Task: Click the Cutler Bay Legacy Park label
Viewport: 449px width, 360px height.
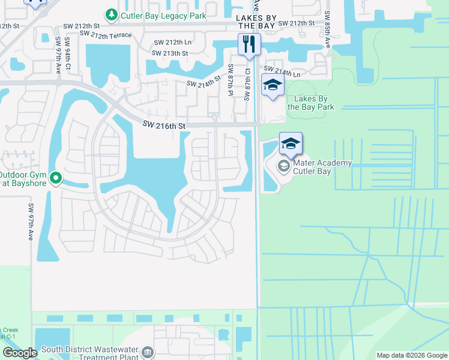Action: (163, 16)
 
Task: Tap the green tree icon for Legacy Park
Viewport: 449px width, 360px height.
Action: (111, 14)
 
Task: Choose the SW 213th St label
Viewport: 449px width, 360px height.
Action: (170, 53)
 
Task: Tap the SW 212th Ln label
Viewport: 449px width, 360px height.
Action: (172, 43)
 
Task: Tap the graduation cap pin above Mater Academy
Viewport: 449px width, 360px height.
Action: (291, 143)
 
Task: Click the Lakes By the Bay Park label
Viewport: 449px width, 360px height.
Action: (311, 103)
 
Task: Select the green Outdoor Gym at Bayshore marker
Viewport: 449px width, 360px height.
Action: (56, 178)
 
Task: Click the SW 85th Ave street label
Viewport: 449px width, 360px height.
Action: (328, 30)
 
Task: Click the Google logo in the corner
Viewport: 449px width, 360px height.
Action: (20, 353)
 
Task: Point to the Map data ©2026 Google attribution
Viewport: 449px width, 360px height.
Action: (412, 355)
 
